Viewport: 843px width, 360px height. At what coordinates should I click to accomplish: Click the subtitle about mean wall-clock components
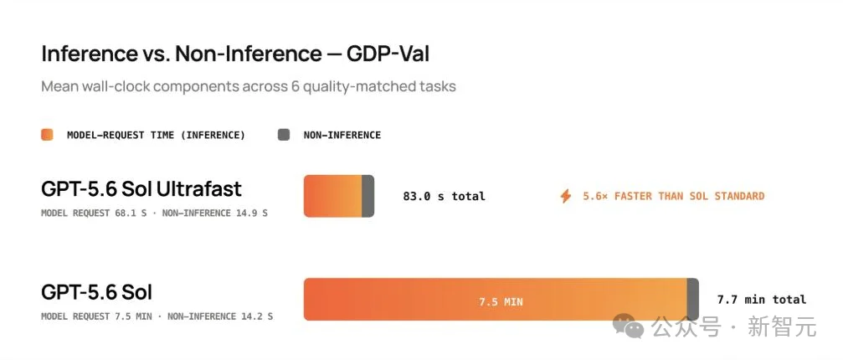pos(249,86)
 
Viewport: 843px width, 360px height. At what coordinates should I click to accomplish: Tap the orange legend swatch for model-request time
pos(48,135)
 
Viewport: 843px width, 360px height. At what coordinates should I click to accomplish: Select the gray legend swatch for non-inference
pos(284,135)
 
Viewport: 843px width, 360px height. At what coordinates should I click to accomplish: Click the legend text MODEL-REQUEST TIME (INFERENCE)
pos(156,136)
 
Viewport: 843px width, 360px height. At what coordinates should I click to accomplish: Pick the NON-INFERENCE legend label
pos(342,136)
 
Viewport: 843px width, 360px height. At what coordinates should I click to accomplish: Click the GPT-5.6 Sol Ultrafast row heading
pos(141,188)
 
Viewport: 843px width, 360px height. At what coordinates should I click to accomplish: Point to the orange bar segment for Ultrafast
pos(333,196)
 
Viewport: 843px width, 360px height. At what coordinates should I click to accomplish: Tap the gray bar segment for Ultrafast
pos(368,196)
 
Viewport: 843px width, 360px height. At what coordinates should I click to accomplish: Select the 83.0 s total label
pos(444,197)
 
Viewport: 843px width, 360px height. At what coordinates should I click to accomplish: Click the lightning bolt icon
pos(566,196)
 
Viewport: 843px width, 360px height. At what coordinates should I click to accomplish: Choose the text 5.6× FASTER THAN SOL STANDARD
pos(674,196)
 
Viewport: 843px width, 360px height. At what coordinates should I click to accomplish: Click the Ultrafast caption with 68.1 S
pos(154,213)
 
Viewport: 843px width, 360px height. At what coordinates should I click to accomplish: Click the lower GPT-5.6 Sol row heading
pos(97,291)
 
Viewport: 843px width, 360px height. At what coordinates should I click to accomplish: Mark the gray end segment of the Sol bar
pos(693,299)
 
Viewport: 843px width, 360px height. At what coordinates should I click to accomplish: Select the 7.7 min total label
pos(762,300)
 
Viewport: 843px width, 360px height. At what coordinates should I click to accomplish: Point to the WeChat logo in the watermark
pos(629,327)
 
